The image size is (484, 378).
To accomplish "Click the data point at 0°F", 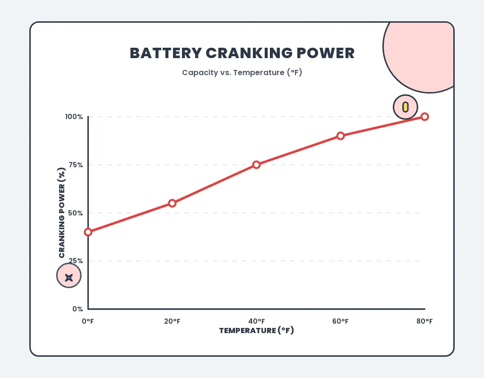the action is (x=88, y=232).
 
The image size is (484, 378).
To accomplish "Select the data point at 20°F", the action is (x=172, y=203).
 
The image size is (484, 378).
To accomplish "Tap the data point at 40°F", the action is (x=256, y=164).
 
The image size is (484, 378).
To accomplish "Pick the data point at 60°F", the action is (x=340, y=136).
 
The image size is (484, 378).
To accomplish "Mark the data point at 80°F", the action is (x=424, y=117).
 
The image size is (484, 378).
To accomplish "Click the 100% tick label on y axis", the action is (x=74, y=117).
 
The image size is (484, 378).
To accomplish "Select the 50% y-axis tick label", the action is (x=75, y=213).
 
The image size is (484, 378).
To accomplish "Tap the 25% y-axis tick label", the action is (x=75, y=261).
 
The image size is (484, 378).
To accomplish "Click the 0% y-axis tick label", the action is (x=78, y=309).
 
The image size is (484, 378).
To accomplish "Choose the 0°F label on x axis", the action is (x=88, y=321).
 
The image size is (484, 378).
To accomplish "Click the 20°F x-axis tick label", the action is (x=172, y=321).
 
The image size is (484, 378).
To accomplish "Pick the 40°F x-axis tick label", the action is (x=256, y=321).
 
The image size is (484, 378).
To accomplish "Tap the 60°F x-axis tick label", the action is (x=340, y=321).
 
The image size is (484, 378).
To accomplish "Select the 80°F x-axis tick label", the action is (x=424, y=321).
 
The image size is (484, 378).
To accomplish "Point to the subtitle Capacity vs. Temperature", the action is (x=242, y=73).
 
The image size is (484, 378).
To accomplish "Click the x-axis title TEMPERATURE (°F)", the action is (x=256, y=331).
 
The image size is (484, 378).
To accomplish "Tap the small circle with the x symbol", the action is (x=69, y=277).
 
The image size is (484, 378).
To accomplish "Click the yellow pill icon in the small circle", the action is (x=405, y=107).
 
